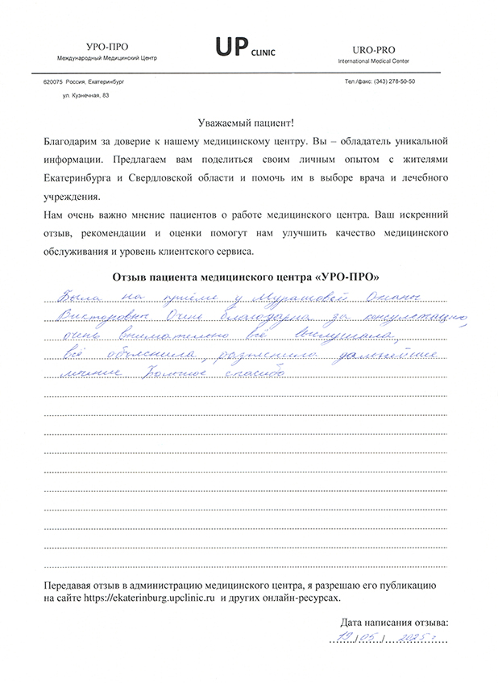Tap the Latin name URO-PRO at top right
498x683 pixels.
point(371,49)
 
